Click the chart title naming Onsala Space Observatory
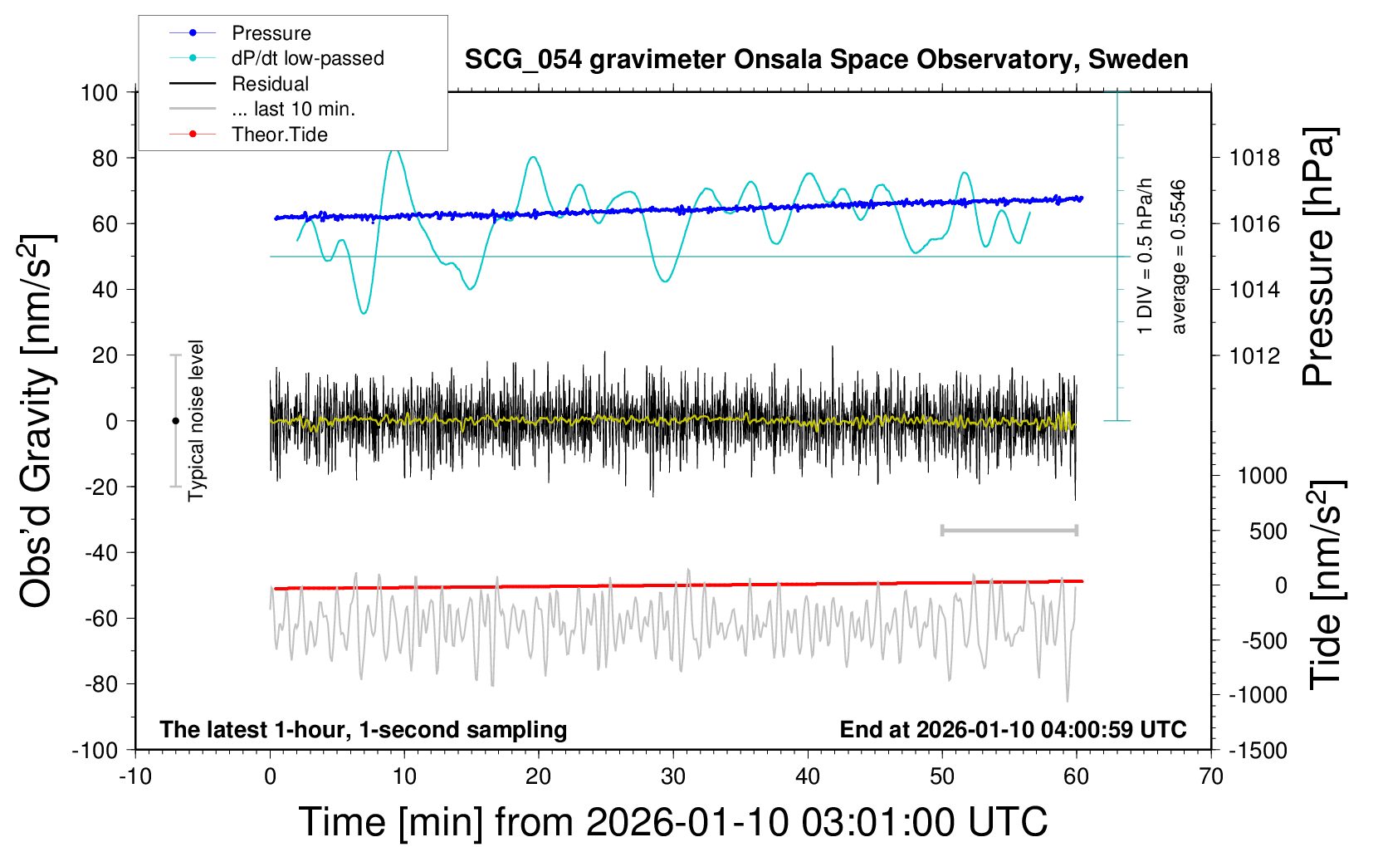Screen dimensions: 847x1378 tap(826, 60)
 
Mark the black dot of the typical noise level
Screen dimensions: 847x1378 tap(175, 421)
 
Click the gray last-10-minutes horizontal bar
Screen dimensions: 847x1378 tap(1009, 530)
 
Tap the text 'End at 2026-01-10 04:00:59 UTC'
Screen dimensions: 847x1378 tap(1013, 730)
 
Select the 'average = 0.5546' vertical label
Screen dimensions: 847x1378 tap(1179, 257)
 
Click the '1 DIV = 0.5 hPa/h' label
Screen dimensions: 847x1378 tap(1146, 256)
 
